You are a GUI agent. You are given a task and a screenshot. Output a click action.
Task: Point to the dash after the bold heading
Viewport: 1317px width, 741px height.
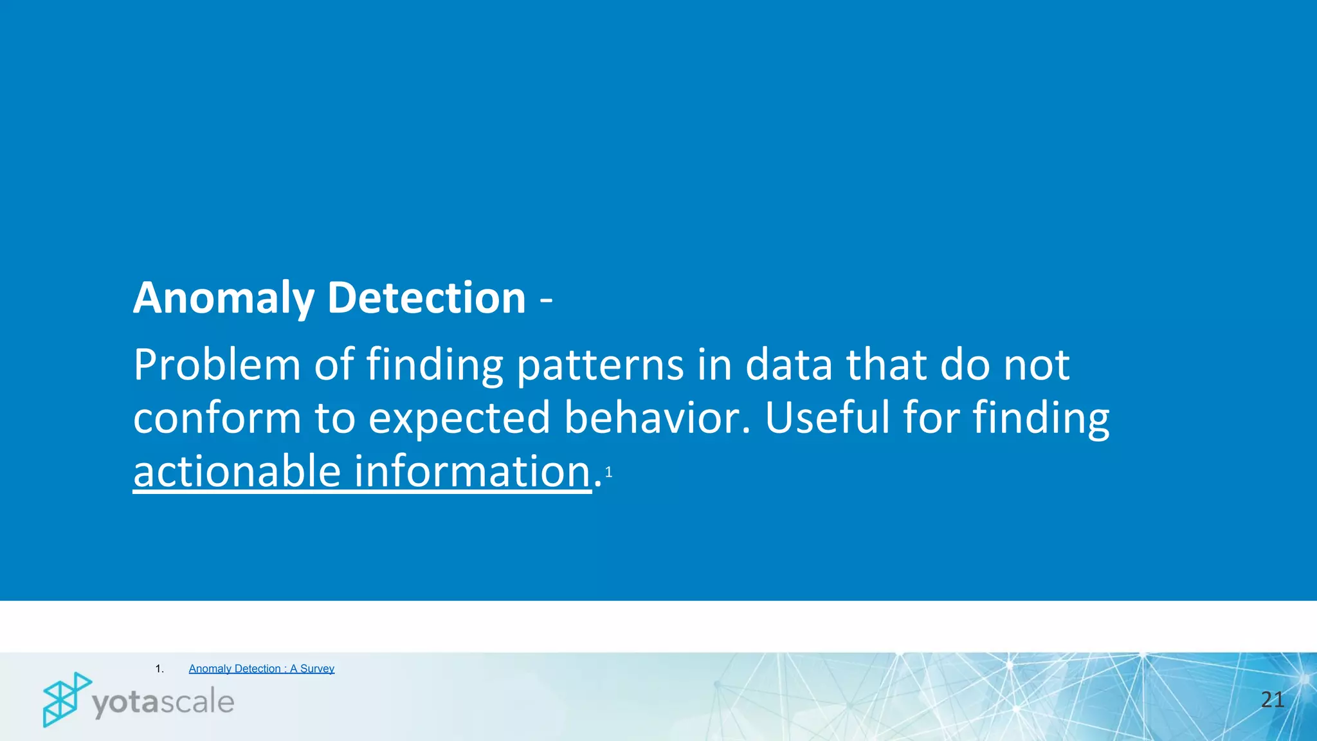point(546,300)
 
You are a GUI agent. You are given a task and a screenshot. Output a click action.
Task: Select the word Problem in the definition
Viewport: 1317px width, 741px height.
point(217,365)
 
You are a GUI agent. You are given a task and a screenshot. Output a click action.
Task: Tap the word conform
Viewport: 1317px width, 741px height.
point(217,418)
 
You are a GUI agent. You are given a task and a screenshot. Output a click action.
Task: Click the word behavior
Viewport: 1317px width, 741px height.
point(657,418)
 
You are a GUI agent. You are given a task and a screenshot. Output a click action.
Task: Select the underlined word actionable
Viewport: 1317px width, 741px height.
point(237,471)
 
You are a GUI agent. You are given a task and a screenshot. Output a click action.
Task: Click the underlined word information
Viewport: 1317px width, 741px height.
point(473,471)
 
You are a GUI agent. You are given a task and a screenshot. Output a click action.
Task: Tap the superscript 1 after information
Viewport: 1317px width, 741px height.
point(608,473)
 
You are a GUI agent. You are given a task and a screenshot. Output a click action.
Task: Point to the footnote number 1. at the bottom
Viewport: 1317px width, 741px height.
point(159,669)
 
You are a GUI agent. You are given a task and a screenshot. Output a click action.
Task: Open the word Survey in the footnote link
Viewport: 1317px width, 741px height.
point(317,669)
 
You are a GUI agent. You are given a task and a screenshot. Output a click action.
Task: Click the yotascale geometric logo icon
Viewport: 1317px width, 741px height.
point(66,699)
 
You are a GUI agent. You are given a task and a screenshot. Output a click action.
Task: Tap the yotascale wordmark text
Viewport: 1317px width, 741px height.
point(163,702)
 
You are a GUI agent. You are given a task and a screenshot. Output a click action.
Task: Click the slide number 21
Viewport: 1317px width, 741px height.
point(1272,700)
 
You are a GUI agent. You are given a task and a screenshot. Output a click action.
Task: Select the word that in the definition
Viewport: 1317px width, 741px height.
point(886,365)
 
